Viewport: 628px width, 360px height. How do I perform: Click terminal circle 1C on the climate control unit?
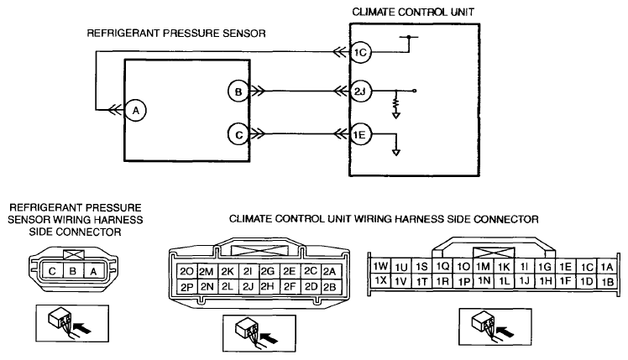click(x=360, y=53)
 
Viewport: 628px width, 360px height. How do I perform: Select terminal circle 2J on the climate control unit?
click(x=360, y=91)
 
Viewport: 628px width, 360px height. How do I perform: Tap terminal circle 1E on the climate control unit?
click(x=360, y=134)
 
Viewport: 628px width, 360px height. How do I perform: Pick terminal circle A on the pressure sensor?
click(x=136, y=110)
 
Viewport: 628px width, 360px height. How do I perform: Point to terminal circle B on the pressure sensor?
click(x=238, y=91)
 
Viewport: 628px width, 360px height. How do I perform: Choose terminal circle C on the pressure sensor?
click(x=238, y=134)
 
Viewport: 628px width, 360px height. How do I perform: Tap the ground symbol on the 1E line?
click(x=396, y=153)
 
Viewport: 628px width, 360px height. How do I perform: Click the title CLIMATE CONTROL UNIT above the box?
click(x=413, y=12)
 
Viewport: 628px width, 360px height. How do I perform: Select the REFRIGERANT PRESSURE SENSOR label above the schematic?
click(x=176, y=34)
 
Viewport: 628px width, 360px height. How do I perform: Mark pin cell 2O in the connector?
click(x=186, y=272)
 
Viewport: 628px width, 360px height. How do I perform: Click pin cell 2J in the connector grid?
click(x=249, y=287)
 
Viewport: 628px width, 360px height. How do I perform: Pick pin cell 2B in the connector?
click(x=331, y=287)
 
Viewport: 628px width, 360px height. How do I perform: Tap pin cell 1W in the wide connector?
click(x=380, y=265)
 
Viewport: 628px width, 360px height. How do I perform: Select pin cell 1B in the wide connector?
click(x=607, y=281)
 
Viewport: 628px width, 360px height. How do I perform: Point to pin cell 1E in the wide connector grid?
click(x=565, y=266)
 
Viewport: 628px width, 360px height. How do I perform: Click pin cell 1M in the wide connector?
click(x=483, y=266)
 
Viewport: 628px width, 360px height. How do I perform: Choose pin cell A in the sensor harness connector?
click(x=93, y=271)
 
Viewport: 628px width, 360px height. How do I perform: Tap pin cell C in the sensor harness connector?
click(x=52, y=271)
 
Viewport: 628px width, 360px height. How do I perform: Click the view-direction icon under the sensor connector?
click(x=72, y=324)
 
